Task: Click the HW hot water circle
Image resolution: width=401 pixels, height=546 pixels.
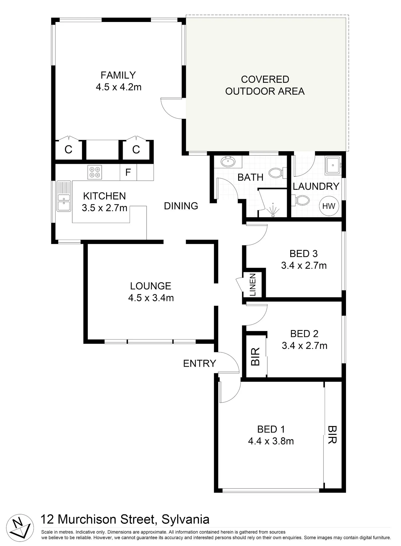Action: [x=329, y=206]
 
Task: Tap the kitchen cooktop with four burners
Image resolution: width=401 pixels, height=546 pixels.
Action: [x=95, y=172]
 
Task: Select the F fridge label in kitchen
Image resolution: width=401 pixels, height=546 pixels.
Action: [x=128, y=172]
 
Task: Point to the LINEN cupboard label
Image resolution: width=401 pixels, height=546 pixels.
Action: [x=253, y=285]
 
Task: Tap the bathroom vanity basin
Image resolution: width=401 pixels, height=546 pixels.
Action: [x=228, y=162]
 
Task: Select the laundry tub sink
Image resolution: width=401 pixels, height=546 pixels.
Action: [x=333, y=165]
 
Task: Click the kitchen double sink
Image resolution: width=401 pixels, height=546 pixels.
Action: [x=64, y=196]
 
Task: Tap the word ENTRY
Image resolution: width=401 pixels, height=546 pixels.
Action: [x=199, y=363]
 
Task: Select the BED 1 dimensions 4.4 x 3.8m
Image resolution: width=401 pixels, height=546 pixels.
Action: [x=271, y=441]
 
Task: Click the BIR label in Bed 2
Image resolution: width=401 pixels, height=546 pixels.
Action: [x=256, y=357]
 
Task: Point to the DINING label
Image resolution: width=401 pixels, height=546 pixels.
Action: [x=181, y=206]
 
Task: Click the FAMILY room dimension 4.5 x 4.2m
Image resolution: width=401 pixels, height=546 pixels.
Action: [x=118, y=87]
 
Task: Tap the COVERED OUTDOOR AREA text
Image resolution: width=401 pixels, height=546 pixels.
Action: [x=265, y=85]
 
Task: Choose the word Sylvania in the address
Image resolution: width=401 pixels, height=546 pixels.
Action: [x=185, y=519]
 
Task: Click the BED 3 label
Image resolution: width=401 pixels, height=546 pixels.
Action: [x=304, y=253]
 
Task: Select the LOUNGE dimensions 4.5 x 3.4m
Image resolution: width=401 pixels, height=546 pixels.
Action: [x=151, y=298]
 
